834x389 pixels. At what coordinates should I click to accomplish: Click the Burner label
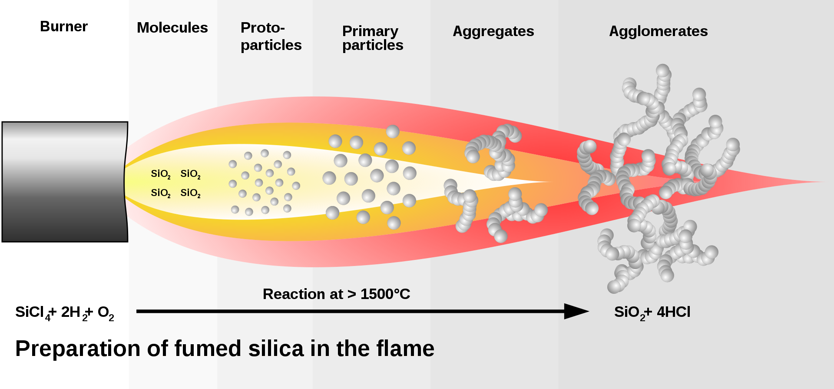pos(64,27)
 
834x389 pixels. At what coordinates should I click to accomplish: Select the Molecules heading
pos(172,28)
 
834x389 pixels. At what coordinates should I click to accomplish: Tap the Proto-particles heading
pos(271,37)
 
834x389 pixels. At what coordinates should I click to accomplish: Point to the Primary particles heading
pos(372,38)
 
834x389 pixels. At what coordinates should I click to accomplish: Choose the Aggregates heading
pos(493,31)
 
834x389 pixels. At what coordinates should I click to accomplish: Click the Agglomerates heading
pos(658,31)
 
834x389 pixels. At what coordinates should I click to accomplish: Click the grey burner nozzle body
pos(65,182)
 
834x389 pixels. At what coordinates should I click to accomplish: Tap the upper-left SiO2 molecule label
pos(160,174)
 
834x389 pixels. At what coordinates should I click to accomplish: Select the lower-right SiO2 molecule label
pos(190,193)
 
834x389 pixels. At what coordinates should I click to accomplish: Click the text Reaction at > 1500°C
pos(336,294)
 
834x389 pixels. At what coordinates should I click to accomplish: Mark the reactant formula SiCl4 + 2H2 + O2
pos(64,313)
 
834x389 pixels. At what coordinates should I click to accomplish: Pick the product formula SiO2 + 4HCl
pos(652,313)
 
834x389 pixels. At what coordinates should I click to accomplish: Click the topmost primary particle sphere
pos(393,131)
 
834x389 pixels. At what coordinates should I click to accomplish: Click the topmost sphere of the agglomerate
pos(663,70)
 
